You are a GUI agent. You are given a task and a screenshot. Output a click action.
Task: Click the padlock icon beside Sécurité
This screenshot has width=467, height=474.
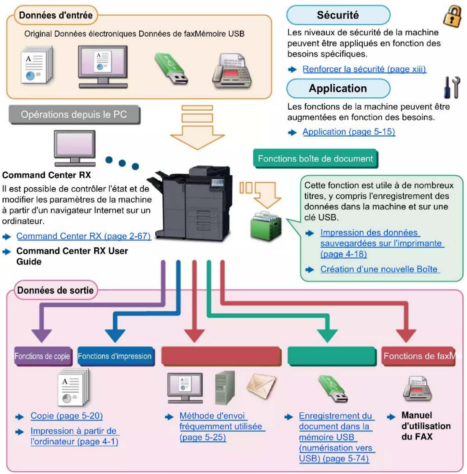(452, 17)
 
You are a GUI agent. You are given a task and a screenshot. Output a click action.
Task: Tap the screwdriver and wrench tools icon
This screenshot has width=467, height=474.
(452, 87)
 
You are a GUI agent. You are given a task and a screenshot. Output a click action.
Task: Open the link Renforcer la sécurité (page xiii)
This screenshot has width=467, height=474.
(364, 69)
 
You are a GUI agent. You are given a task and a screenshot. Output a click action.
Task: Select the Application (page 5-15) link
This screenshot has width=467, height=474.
(349, 132)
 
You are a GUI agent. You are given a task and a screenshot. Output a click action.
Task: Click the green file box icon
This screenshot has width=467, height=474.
(266, 226)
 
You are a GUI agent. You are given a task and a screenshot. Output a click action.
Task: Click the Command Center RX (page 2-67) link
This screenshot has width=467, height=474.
(84, 236)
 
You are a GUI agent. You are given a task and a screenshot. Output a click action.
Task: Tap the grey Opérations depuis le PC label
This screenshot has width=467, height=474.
(74, 114)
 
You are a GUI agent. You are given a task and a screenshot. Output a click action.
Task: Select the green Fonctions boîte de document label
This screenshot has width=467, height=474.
(315, 159)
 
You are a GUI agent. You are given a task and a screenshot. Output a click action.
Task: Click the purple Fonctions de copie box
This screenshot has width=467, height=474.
(43, 356)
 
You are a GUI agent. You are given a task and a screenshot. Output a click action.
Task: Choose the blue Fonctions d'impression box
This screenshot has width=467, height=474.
(115, 356)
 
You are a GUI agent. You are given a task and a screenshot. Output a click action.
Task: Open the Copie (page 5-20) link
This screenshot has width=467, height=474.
(67, 416)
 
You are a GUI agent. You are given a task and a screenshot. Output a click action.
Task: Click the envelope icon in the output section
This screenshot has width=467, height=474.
(261, 387)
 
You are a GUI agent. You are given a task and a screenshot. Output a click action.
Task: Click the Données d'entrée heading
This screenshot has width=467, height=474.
(56, 15)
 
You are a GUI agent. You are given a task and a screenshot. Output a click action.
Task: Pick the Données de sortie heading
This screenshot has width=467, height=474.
(56, 290)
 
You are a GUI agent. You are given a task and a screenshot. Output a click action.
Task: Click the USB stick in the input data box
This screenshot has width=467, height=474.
(171, 69)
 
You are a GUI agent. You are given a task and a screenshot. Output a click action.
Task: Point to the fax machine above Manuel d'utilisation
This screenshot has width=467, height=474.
(417, 389)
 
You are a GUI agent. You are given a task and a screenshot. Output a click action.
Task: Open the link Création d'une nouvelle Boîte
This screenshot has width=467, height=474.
(379, 269)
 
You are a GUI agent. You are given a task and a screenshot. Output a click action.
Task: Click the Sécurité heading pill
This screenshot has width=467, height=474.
(338, 15)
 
